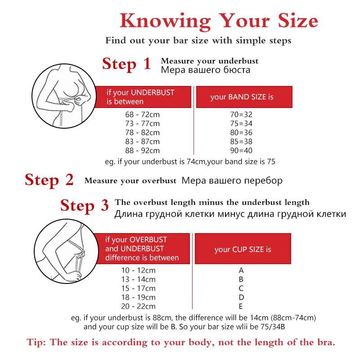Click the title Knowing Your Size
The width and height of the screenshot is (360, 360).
[x=219, y=21]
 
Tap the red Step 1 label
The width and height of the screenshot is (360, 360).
[x=126, y=64]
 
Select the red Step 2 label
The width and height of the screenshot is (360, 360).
[x=49, y=180]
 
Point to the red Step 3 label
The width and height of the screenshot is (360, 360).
[x=85, y=206]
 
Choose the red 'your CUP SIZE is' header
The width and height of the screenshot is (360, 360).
[x=243, y=249]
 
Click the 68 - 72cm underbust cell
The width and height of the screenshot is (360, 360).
[x=142, y=115]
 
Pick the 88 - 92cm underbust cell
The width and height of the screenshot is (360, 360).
[x=142, y=151]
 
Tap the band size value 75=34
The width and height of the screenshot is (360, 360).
[x=241, y=124]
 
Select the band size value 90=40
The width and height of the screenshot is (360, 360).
[x=241, y=151]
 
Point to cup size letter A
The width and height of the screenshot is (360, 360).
[x=241, y=270]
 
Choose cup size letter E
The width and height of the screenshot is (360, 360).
[x=241, y=306]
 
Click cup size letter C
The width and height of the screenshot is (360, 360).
[x=241, y=288]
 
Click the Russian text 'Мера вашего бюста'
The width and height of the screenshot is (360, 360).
[x=205, y=70]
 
